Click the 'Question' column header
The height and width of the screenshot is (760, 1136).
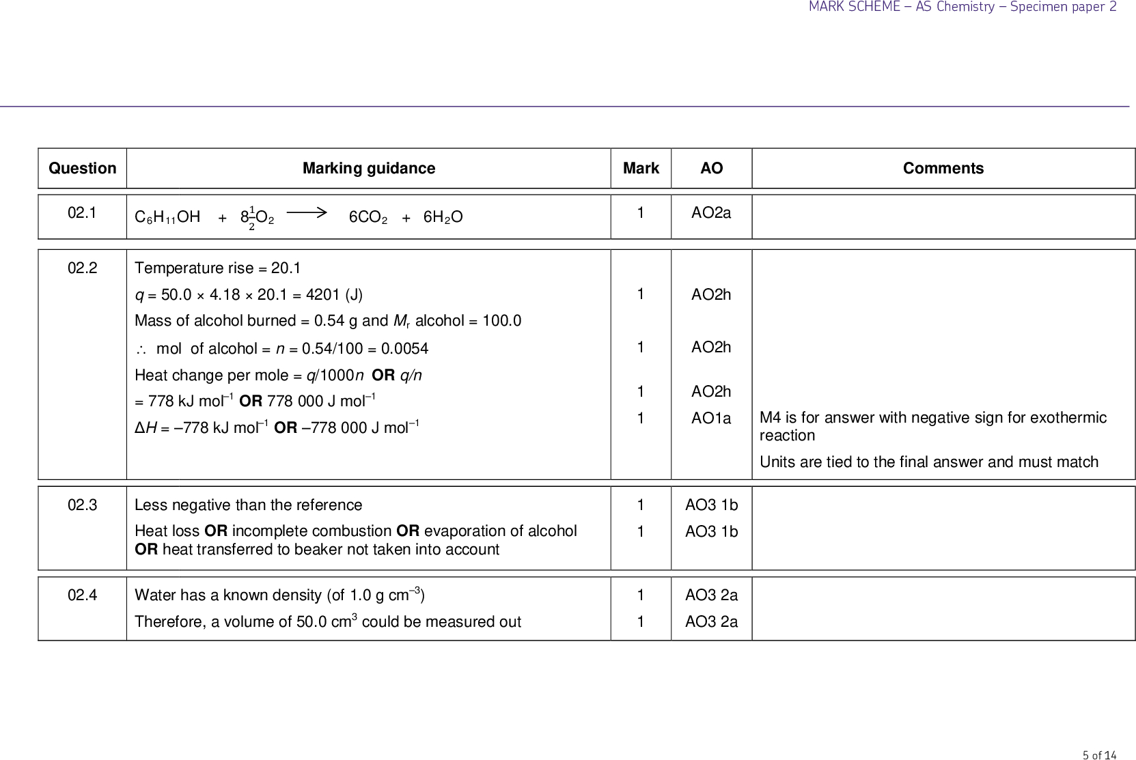point(83,169)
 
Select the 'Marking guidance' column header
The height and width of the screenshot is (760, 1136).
point(369,169)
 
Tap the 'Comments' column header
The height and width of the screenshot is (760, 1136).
point(943,169)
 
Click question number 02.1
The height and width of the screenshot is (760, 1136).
point(83,213)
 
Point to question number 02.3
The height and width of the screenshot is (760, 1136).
point(83,505)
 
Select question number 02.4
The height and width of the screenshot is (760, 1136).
point(83,595)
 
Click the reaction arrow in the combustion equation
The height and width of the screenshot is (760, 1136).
point(307,213)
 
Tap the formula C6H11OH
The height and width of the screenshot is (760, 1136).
point(167,217)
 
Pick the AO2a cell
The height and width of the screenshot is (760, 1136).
point(711,213)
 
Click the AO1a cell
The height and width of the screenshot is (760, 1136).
point(711,419)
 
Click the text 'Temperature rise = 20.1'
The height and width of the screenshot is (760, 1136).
point(218,268)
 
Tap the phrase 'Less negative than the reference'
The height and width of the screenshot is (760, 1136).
point(249,505)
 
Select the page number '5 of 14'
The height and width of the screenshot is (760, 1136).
point(1099,755)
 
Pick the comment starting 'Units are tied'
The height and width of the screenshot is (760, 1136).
point(928,462)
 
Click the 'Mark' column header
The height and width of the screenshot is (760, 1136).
point(641,169)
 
